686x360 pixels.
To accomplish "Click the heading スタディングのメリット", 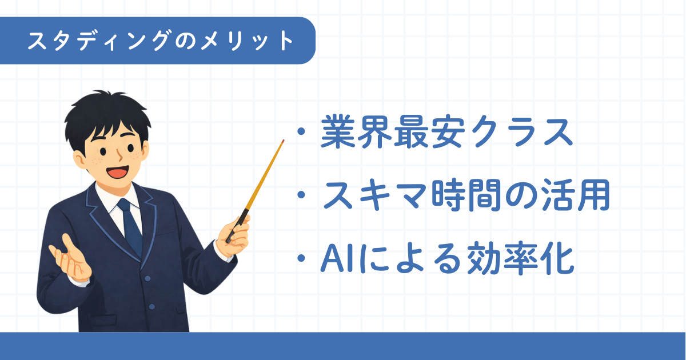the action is click(x=161, y=41).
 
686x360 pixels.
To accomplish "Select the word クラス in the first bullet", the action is click(x=521, y=132).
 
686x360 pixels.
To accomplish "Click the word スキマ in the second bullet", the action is click(x=376, y=195).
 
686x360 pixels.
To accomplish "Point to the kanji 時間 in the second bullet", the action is click(x=466, y=195).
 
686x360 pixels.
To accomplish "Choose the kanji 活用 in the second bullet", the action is click(x=576, y=195).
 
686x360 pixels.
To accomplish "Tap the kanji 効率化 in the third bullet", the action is click(x=520, y=259).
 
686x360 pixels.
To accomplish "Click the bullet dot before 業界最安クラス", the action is click(x=301, y=131).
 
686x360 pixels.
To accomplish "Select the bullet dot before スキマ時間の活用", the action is click(x=301, y=195).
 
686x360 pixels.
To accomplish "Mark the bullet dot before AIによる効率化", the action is click(x=301, y=258).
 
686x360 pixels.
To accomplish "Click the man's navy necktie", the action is click(x=131, y=226).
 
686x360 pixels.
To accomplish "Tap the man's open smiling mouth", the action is click(x=118, y=173).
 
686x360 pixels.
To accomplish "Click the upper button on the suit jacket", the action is click(x=147, y=278).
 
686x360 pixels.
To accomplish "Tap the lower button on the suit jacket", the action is click(x=151, y=307).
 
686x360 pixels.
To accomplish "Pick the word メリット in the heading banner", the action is click(x=247, y=41).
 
